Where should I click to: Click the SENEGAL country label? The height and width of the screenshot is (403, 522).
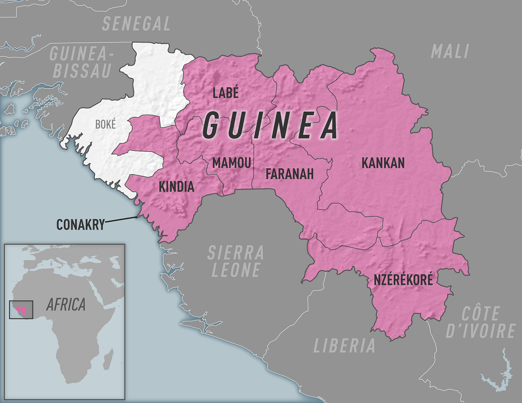tap(136, 24)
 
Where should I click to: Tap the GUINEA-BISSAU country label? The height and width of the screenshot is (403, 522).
tap(82, 62)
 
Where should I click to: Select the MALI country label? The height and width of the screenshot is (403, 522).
tap(450, 52)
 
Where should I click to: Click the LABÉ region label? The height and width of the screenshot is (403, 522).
tap(226, 93)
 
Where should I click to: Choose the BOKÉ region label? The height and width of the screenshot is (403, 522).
tap(105, 125)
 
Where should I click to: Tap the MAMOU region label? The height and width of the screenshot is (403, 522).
tap(231, 163)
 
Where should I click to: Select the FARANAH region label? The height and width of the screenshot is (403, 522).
tap(289, 174)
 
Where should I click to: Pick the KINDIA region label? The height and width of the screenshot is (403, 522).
tap(176, 187)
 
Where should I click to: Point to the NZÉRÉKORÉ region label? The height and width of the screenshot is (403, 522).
tap(403, 280)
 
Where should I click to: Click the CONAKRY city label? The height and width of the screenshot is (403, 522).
tap(80, 225)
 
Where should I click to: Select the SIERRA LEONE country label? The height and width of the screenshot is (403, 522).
tap(235, 261)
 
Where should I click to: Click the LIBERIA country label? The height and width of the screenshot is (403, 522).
tap(344, 346)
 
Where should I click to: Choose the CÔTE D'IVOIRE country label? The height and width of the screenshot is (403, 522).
tap(480, 322)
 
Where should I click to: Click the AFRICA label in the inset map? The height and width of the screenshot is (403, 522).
tap(66, 305)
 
